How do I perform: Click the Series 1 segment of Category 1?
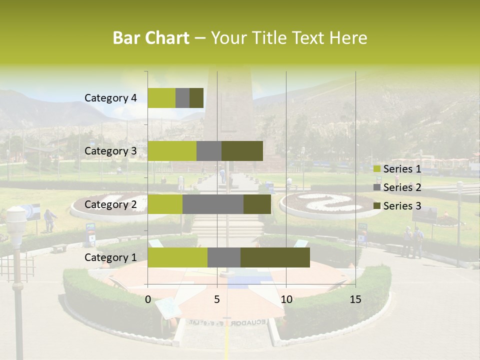tap(177, 257)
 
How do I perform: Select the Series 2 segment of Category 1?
tap(224, 257)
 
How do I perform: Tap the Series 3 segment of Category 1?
tap(275, 257)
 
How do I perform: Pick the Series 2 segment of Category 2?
tap(213, 204)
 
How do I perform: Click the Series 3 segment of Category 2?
tap(257, 204)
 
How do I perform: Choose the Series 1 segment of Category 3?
tap(172, 151)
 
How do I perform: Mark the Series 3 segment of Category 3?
tap(242, 151)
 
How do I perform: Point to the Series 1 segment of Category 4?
tap(161, 98)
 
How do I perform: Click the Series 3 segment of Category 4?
tap(196, 98)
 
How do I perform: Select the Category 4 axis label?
tap(110, 98)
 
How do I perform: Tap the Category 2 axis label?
tap(110, 204)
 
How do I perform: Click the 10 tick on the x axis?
tap(286, 299)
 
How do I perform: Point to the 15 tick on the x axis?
tap(355, 299)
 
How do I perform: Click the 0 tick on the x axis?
tap(148, 299)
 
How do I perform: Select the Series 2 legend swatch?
tap(377, 187)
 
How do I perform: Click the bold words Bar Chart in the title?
tap(151, 38)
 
